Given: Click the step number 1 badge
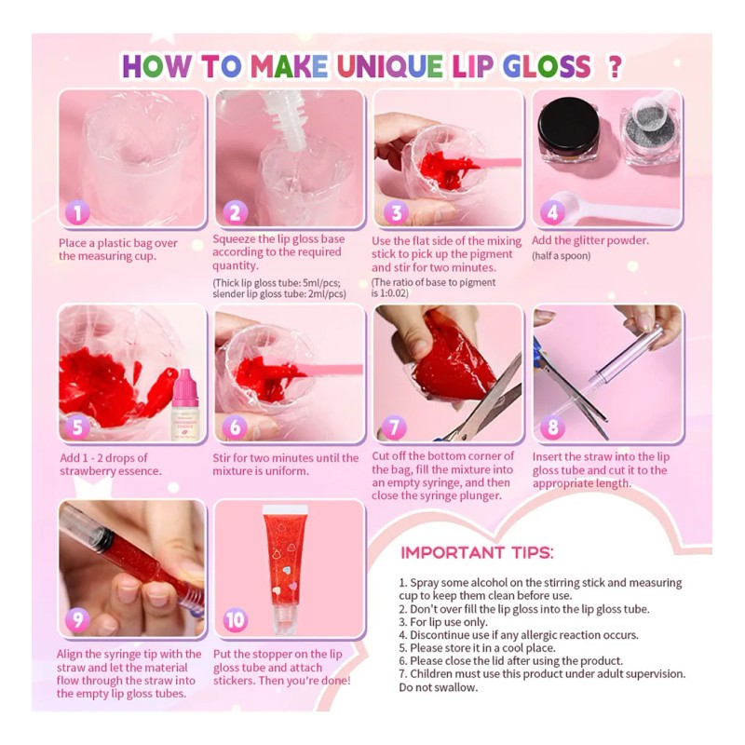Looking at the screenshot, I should [x=77, y=213].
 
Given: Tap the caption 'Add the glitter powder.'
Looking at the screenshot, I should [x=590, y=240].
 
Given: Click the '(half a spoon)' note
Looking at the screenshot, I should [x=562, y=255].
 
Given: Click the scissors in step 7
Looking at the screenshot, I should [x=484, y=410].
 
